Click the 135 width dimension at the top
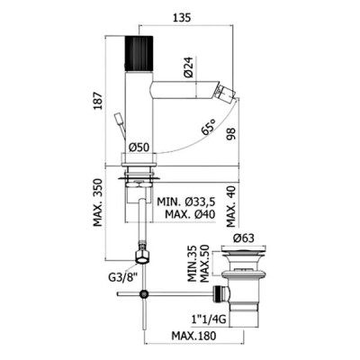(182, 18)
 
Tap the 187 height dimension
(98, 101)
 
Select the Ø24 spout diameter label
(188, 67)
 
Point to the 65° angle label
(209, 128)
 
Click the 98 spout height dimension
(231, 134)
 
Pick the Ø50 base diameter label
(139, 148)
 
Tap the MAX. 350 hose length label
(98, 202)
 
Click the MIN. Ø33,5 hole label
(186, 202)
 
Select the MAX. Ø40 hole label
(190, 214)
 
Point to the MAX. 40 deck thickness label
(231, 206)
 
